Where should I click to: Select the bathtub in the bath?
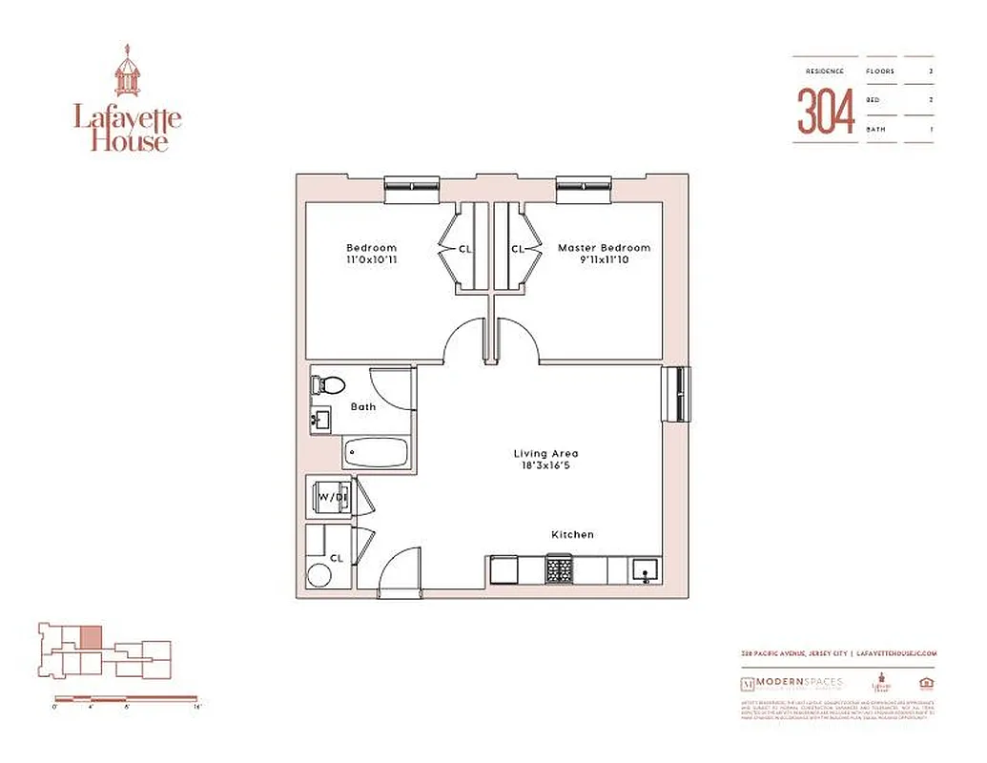(376, 453)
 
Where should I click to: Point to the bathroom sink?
(319, 419)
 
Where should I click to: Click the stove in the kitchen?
(559, 570)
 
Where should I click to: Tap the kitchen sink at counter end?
(644, 570)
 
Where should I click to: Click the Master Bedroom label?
(604, 248)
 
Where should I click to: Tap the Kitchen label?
(572, 534)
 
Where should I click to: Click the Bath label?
(363, 407)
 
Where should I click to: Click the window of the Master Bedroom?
(584, 188)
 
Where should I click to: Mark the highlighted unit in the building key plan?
(89, 636)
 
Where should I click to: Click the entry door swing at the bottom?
(401, 572)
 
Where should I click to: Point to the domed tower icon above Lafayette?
(127, 73)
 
